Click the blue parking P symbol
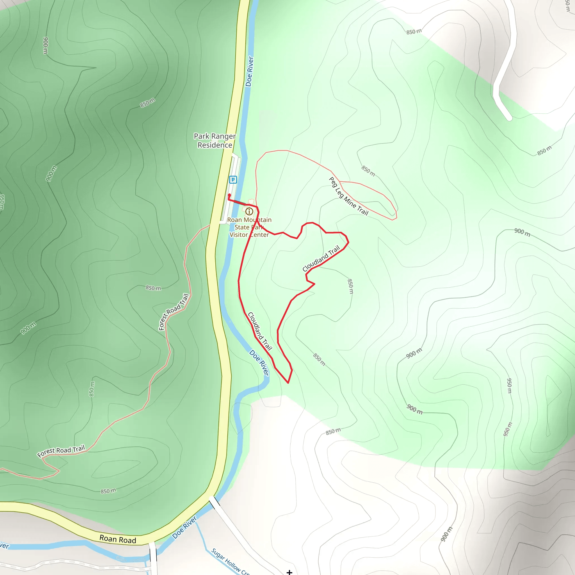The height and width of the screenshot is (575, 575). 233,179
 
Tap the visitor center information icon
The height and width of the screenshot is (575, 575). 249,211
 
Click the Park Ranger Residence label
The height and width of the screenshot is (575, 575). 215,140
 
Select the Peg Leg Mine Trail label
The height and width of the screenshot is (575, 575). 348,197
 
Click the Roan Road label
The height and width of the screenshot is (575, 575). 118,539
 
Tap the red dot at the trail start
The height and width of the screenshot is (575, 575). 229,195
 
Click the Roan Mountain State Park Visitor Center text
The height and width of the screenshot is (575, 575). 249,227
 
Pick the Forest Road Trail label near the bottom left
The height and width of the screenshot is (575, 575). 61,451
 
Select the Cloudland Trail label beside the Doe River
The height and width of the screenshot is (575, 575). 260,331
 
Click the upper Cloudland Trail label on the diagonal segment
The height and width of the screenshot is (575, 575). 321,258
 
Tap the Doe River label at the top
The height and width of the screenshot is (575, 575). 249,71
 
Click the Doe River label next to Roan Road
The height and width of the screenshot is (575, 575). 184,527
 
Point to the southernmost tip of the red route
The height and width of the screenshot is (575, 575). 288,383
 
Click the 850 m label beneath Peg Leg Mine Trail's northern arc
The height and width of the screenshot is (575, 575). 368,171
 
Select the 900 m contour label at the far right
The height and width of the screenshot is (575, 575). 522,232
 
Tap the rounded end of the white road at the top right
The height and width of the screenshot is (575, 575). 509,118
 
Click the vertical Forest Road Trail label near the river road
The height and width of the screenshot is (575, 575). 174,312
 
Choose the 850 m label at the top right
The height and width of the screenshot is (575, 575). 414,31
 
